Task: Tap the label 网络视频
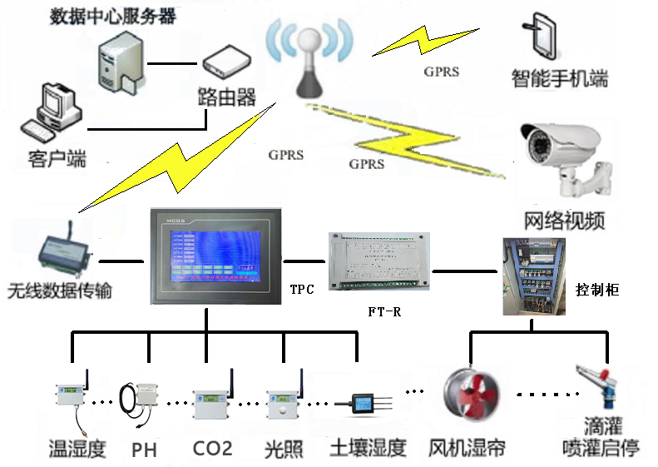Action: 563,221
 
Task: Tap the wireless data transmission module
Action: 58,249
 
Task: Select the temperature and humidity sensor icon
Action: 71,398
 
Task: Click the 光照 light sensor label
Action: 284,450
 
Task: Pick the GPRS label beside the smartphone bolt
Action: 441,72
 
